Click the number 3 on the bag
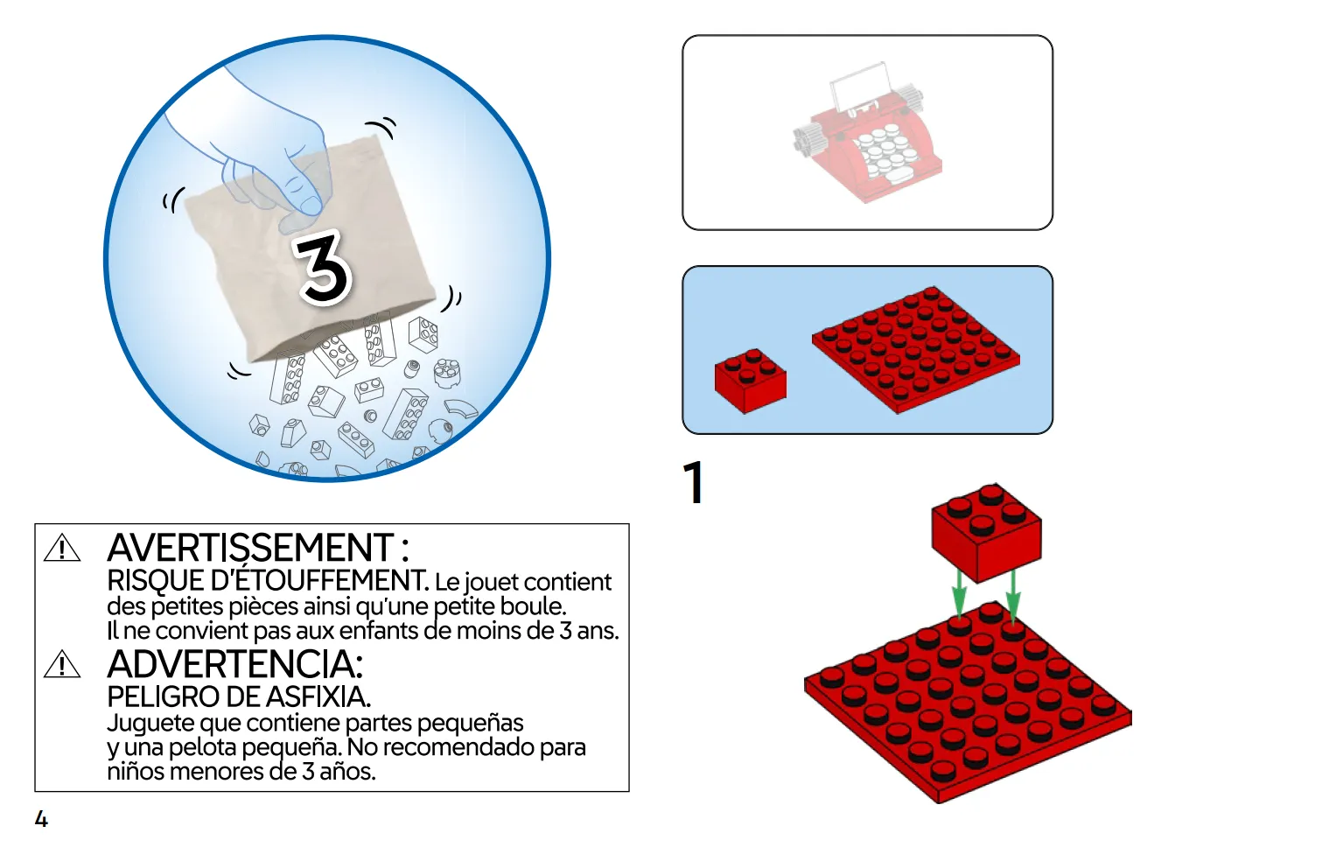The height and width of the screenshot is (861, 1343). (x=324, y=268)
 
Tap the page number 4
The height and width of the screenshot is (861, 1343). (x=41, y=818)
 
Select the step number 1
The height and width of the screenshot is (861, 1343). (x=694, y=482)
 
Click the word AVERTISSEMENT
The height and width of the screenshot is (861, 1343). (x=250, y=547)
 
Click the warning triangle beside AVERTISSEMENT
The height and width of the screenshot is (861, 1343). (x=62, y=548)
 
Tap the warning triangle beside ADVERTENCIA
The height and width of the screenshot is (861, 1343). (x=62, y=664)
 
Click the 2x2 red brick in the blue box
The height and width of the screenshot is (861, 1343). (x=750, y=381)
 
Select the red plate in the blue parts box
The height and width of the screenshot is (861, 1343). (x=915, y=350)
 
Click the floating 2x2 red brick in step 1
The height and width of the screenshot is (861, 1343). (x=986, y=532)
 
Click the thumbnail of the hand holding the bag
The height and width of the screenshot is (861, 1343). (x=326, y=258)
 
